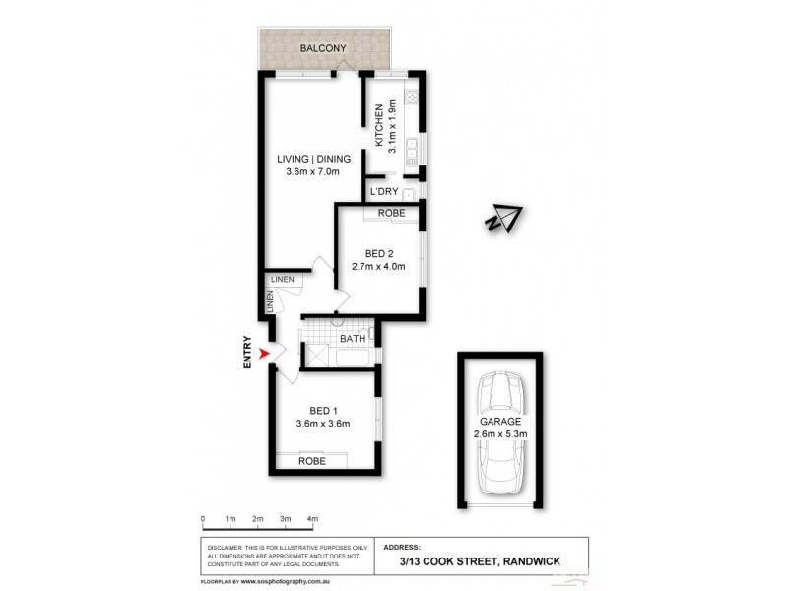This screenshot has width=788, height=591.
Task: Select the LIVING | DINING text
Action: (x=313, y=158)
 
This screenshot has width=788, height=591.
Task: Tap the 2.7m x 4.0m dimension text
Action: (x=378, y=266)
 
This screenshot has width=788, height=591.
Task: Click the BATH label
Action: (x=353, y=340)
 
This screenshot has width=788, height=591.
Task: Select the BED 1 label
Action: (x=324, y=411)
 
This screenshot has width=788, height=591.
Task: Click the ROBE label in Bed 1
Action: (x=312, y=460)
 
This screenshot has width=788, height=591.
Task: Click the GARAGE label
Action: (x=499, y=421)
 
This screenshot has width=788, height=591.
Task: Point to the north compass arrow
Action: (x=505, y=219)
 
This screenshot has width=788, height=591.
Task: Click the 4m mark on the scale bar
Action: (x=312, y=518)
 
